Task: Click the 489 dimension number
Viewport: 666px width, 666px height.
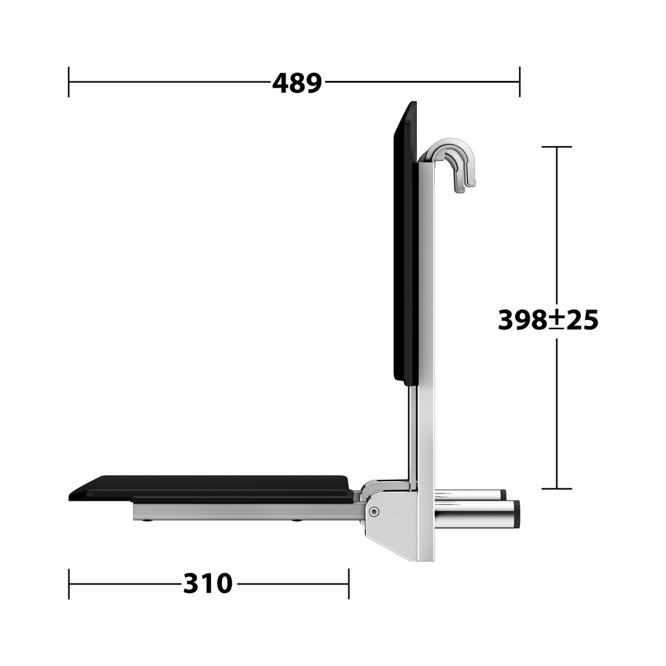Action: click(297, 83)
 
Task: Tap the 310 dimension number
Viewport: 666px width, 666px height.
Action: click(208, 583)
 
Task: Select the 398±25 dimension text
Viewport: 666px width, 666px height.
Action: click(548, 319)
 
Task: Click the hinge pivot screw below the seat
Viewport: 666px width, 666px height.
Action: click(374, 511)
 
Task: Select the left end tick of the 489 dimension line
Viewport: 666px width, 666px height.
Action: click(69, 82)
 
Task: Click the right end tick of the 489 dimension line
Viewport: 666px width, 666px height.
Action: click(519, 82)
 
